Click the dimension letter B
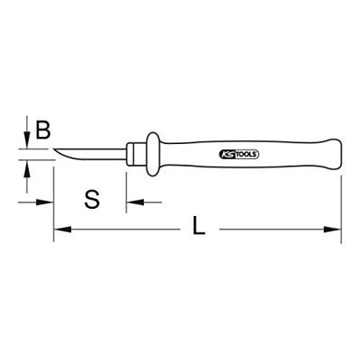[x=41, y=131]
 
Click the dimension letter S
[x=91, y=197]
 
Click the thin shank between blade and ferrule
[x=112, y=150]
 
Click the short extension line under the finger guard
[x=126, y=184]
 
